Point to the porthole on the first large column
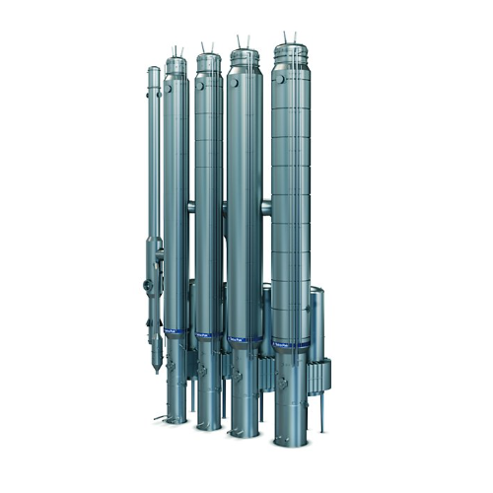[x=170, y=86]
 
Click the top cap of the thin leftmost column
[x=154, y=72]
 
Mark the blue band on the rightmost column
[x=292, y=344]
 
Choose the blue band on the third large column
[x=244, y=340]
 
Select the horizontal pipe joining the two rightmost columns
[x=266, y=206]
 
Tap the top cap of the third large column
[x=245, y=54]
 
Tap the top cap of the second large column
[x=208, y=58]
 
